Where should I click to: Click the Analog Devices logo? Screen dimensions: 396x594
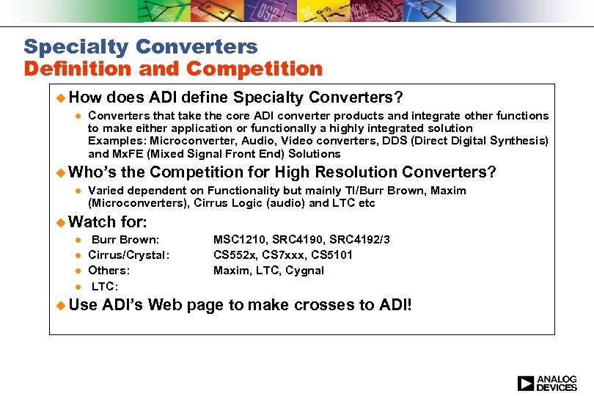pyautogui.click(x=547, y=383)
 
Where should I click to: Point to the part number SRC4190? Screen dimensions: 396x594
pyautogui.click(x=301, y=240)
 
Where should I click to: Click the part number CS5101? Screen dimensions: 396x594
pyautogui.click(x=332, y=255)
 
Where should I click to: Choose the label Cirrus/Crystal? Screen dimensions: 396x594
pyautogui.click(x=128, y=255)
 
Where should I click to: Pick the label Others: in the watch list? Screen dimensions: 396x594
pyautogui.click(x=109, y=271)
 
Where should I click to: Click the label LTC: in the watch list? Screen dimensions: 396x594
pyautogui.click(x=104, y=286)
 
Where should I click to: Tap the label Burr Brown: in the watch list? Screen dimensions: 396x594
pyautogui.click(x=125, y=240)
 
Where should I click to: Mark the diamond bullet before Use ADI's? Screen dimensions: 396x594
pyautogui.click(x=61, y=304)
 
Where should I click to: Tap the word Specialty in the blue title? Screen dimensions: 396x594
pyautogui.click(x=76, y=47)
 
